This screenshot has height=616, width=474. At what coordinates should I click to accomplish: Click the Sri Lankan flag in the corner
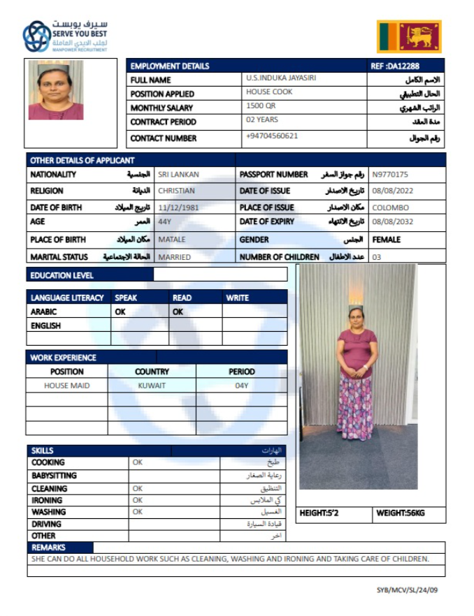pyautogui.click(x=410, y=36)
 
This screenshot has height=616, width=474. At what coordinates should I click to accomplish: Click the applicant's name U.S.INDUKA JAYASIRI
pyautogui.click(x=281, y=78)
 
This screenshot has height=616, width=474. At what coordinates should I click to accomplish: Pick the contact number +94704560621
pyautogui.click(x=272, y=135)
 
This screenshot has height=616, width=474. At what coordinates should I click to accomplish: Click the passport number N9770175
pyautogui.click(x=390, y=175)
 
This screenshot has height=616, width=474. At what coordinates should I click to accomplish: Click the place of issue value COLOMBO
pyautogui.click(x=390, y=207)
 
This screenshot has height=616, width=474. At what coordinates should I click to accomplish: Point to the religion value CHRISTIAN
pyautogui.click(x=176, y=191)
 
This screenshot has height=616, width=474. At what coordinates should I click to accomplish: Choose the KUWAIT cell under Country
pyautogui.click(x=152, y=386)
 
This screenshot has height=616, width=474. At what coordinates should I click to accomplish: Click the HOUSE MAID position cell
pyautogui.click(x=67, y=386)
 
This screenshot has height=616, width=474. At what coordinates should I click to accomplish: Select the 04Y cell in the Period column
pyautogui.click(x=242, y=386)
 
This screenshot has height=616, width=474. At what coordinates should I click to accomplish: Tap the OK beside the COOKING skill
pyautogui.click(x=138, y=462)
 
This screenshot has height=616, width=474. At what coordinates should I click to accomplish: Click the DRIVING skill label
pyautogui.click(x=46, y=524)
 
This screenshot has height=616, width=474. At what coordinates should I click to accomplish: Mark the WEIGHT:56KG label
pyautogui.click(x=401, y=513)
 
